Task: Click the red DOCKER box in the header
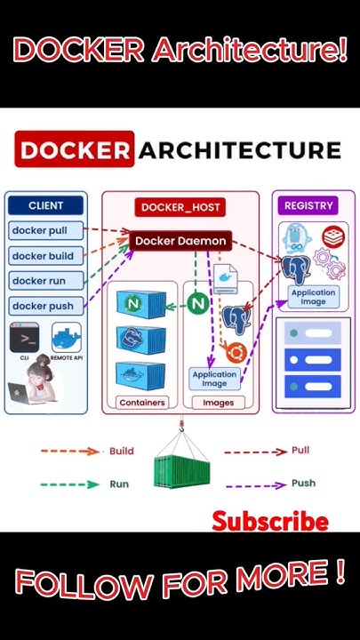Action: (x=74, y=149)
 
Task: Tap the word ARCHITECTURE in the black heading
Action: (x=239, y=149)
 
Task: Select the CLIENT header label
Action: (x=46, y=205)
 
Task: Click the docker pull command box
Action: (x=46, y=231)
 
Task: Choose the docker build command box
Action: (x=46, y=256)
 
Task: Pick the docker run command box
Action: (x=46, y=281)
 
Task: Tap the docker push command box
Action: (x=46, y=306)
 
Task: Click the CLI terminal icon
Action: (x=25, y=339)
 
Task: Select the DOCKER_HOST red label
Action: (x=180, y=207)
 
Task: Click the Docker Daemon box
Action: (x=180, y=241)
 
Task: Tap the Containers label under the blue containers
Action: (x=142, y=403)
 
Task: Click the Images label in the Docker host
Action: (x=218, y=403)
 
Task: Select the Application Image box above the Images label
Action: (x=215, y=380)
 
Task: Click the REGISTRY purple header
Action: (x=308, y=205)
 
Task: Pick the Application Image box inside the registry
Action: (x=313, y=297)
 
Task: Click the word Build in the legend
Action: (x=122, y=452)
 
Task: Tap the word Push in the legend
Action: (x=303, y=484)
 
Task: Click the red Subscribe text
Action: (x=269, y=522)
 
